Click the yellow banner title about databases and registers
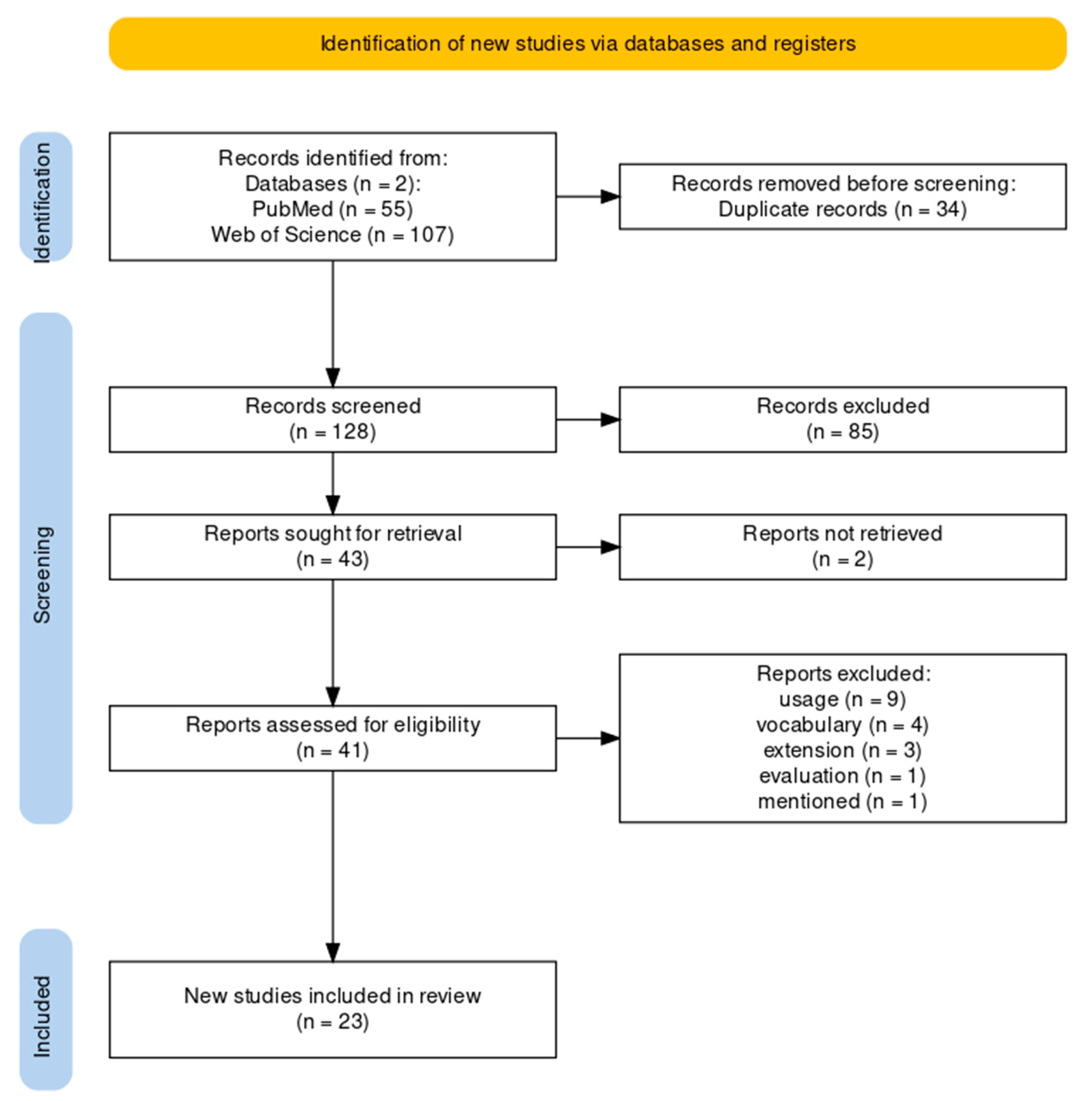(x=588, y=43)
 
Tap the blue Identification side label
(x=45, y=197)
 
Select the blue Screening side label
(x=45, y=568)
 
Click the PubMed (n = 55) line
(x=333, y=209)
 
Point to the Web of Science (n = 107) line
(x=333, y=235)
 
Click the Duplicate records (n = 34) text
(x=842, y=209)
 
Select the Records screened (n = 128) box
(x=333, y=419)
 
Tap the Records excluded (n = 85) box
(x=842, y=419)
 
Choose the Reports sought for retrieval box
(x=333, y=547)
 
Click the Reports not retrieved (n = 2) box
(x=842, y=547)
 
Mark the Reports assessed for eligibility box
(x=333, y=738)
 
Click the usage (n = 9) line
(x=842, y=699)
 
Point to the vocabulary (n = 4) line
(x=842, y=725)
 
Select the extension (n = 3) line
(x=842, y=750)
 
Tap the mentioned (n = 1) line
(x=842, y=801)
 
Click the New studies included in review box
(x=333, y=1009)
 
